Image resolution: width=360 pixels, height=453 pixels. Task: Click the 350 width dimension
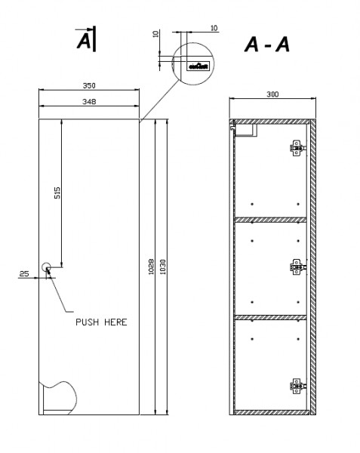[x=89, y=86]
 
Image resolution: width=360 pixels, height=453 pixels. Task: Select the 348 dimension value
[x=89, y=100]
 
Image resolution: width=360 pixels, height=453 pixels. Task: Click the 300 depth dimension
[x=272, y=94]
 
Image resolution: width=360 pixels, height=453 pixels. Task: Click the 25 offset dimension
[x=24, y=273]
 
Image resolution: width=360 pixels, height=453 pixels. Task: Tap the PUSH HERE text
[x=101, y=322]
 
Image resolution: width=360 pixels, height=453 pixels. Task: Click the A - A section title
[x=266, y=45]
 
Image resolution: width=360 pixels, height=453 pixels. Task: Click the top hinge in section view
[x=297, y=147]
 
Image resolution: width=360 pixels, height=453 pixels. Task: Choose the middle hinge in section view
[x=298, y=266]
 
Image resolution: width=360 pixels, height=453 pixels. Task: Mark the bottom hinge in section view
[x=297, y=386]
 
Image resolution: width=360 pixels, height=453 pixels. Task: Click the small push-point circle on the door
[x=46, y=267]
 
